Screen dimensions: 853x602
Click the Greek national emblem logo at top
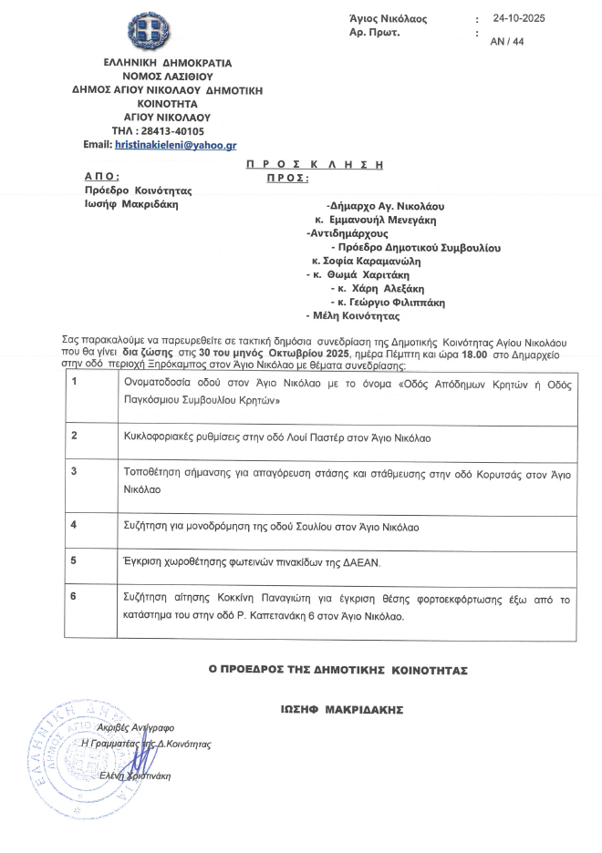150,33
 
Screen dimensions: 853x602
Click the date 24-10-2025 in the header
517,18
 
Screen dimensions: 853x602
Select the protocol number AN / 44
506,42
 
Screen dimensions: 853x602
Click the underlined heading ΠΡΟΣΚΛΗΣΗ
315,164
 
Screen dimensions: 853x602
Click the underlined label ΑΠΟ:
102,177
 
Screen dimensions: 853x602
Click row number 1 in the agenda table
74,382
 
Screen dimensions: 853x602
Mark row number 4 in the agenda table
74,525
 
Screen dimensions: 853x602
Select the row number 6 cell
74,598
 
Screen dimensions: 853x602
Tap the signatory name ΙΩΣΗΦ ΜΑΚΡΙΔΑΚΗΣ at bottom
342,709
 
